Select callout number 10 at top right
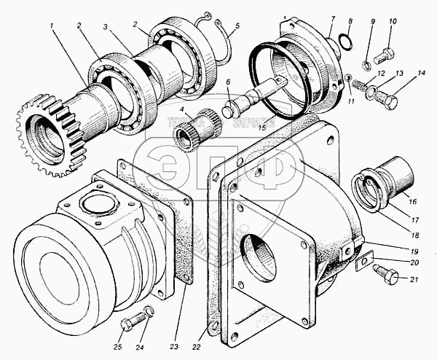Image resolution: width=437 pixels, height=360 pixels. click(x=392, y=21)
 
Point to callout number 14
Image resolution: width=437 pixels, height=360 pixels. click(x=420, y=75)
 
